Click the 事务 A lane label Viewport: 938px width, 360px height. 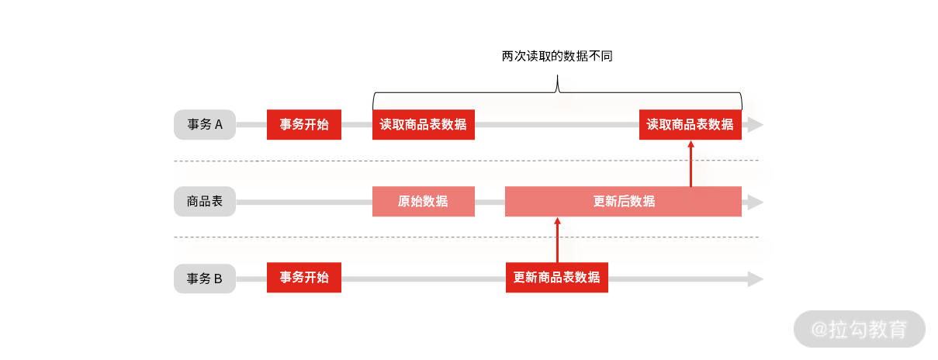click(x=205, y=125)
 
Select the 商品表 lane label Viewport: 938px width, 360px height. click(x=205, y=202)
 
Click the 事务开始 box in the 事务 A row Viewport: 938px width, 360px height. click(x=304, y=125)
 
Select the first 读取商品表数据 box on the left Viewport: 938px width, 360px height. click(x=424, y=125)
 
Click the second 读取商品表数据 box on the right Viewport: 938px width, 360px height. click(x=691, y=125)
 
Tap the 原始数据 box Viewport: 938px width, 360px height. click(x=424, y=202)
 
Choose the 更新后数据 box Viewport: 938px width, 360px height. click(x=624, y=202)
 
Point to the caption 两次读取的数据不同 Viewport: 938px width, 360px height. click(x=557, y=57)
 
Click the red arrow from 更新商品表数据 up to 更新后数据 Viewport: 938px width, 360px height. click(x=557, y=241)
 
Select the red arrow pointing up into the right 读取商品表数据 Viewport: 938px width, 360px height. click(x=691, y=164)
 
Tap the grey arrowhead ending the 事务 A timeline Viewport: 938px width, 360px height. click(x=755, y=125)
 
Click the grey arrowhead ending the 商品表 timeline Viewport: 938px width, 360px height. click(x=755, y=202)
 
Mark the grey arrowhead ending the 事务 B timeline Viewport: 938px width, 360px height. click(x=755, y=279)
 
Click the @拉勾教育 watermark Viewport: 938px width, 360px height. click(x=860, y=329)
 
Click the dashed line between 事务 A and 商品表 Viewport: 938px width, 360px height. click(x=466, y=161)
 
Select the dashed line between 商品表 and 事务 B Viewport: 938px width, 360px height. click(x=466, y=237)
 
